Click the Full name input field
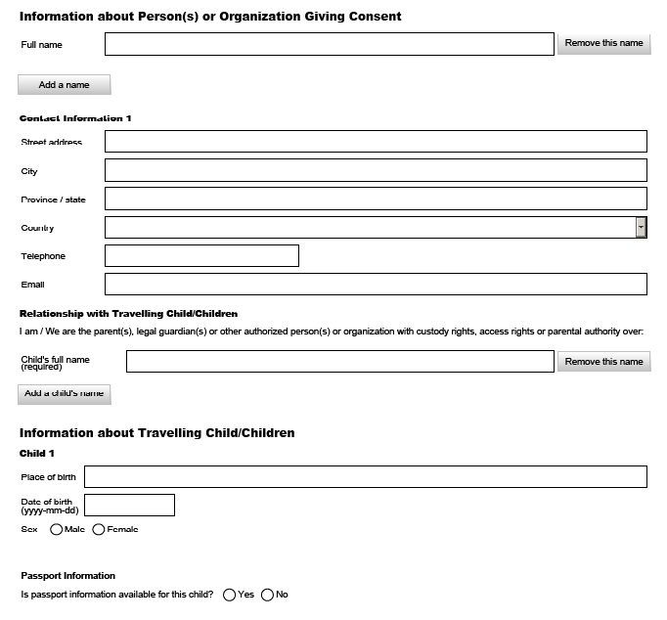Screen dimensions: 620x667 pos(329,44)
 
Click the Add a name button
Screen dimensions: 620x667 pos(65,85)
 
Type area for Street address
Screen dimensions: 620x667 pos(376,142)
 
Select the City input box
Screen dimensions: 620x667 pos(376,170)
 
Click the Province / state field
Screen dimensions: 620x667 pos(376,199)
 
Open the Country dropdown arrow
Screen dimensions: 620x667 pos(641,227)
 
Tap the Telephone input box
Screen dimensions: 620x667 pos(201,255)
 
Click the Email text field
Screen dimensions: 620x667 pos(376,284)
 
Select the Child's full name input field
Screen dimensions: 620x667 pos(339,361)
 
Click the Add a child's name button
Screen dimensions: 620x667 pos(65,394)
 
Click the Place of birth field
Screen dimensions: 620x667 pos(366,476)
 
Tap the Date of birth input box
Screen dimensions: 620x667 pos(130,505)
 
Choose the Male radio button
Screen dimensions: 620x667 pos(56,530)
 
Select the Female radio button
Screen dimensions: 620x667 pos(99,530)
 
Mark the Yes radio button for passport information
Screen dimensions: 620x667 pos(229,595)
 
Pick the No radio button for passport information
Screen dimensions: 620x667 pos(267,595)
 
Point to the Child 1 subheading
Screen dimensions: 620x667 pos(38,454)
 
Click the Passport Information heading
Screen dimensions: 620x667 pos(67,576)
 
